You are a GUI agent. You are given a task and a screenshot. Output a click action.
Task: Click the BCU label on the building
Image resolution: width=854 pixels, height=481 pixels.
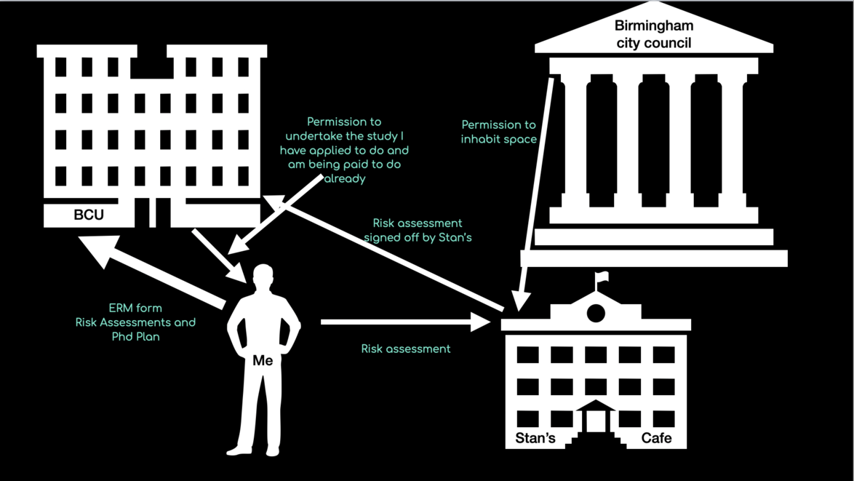point(89,215)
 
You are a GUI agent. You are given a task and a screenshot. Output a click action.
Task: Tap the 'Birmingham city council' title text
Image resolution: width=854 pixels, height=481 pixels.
point(653,34)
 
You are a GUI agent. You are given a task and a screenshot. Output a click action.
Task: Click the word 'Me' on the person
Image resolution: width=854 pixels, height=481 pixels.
point(263,360)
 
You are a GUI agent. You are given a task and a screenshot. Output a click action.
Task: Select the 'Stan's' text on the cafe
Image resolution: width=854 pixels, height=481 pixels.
point(535,438)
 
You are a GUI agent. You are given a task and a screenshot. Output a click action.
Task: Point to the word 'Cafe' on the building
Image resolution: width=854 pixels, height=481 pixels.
point(656,438)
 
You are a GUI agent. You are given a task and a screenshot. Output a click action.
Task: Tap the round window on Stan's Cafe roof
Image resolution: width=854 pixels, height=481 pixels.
point(596,314)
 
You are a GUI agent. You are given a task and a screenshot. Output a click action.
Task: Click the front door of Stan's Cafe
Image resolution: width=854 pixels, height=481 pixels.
point(596,421)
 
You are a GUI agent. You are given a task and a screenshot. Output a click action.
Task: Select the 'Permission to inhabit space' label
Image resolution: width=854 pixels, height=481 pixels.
point(499,132)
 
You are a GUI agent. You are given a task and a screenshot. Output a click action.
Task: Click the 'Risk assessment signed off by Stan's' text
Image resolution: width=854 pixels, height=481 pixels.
point(418,230)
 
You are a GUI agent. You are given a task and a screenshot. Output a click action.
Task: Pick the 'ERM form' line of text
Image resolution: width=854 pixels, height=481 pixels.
point(135,308)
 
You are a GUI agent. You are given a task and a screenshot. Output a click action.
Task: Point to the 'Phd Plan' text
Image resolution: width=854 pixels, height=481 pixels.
point(135,337)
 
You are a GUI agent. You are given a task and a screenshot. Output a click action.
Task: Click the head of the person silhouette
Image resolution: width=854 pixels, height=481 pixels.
point(263,277)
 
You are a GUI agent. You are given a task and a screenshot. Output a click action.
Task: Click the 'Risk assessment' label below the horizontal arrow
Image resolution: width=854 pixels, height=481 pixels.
point(406,349)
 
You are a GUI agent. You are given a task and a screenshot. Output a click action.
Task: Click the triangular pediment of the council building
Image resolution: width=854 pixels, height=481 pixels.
point(653,36)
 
